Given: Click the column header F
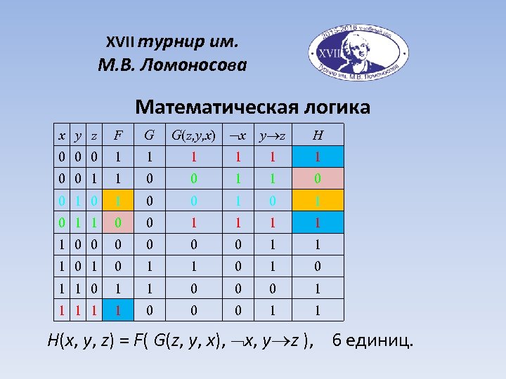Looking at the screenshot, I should [x=118, y=134].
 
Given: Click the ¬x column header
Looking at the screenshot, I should [x=239, y=134].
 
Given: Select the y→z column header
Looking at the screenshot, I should [x=273, y=134].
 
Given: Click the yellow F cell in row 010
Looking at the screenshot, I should [x=118, y=200].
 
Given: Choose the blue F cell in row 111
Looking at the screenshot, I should [x=118, y=309].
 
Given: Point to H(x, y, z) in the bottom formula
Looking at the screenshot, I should [x=77, y=342].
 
